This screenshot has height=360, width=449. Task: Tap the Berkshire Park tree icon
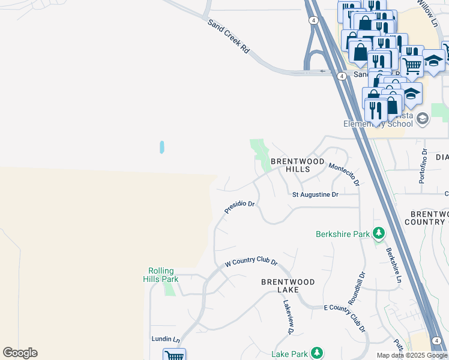[378, 233]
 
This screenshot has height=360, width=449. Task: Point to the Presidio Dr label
[240, 207]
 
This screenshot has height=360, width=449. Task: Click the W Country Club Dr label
[251, 263]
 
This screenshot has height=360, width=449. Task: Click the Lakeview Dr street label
[287, 317]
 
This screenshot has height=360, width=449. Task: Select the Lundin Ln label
[166, 340]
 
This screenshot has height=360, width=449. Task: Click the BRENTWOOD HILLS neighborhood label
[297, 166]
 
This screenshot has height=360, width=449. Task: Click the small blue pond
[162, 147]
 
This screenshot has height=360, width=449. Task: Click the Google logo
[20, 353]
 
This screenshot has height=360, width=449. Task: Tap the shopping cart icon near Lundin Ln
[174, 355]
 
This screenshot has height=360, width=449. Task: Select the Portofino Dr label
[423, 166]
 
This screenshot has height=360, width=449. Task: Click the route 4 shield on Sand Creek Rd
[341, 76]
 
